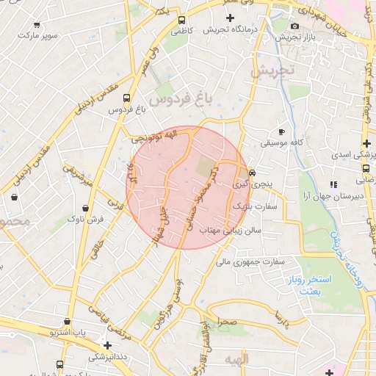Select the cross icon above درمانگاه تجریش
pyautogui.click(x=231, y=17)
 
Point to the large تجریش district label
pyautogui.click(x=272, y=72)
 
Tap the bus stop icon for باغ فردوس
pyautogui.click(x=127, y=97)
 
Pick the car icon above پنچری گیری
pyautogui.click(x=252, y=173)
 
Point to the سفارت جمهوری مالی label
pyautogui.click(x=245, y=261)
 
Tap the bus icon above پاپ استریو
pyautogui.click(x=67, y=321)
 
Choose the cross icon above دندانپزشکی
pyautogui.click(x=108, y=344)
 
